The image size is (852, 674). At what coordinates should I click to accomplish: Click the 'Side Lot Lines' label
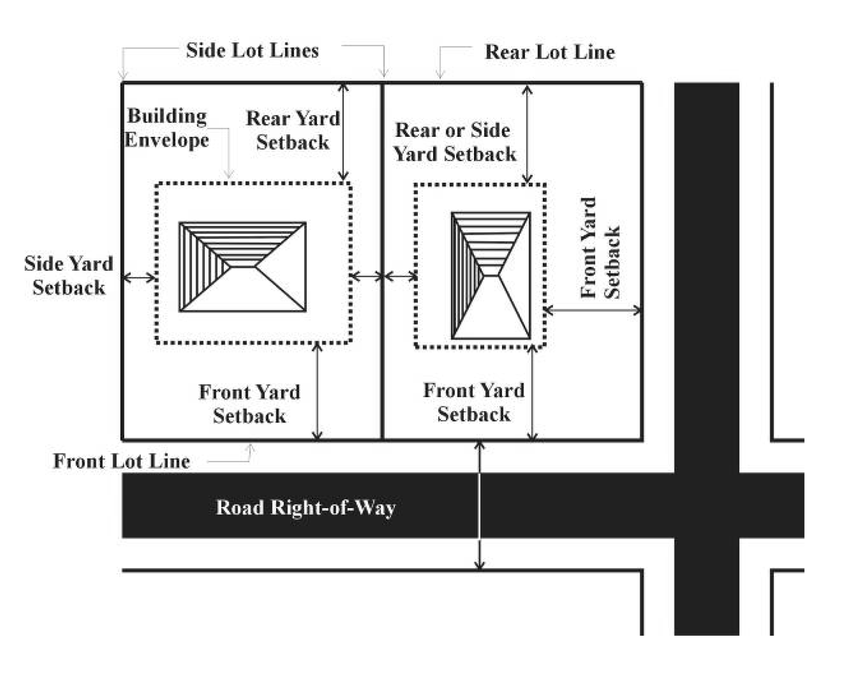(252, 51)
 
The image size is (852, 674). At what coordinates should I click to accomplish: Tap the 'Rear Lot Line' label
(549, 52)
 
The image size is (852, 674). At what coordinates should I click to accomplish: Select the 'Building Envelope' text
(167, 128)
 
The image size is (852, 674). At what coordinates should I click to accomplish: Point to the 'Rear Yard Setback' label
(293, 130)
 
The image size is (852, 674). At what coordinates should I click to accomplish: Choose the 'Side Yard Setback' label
(68, 276)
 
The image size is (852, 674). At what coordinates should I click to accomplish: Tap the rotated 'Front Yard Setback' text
(600, 248)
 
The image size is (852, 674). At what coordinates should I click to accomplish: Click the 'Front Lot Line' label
(121, 461)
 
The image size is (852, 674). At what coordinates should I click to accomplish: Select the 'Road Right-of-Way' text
(306, 508)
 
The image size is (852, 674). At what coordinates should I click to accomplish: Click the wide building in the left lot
(243, 267)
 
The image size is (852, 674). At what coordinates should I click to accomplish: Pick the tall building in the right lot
(491, 276)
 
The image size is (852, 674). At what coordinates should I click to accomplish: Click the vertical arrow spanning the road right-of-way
(479, 505)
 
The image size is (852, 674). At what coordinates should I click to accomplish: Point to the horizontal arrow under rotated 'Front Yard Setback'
(593, 310)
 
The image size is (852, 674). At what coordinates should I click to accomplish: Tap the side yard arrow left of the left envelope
(139, 277)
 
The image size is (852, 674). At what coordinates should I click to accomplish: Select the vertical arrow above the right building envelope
(527, 134)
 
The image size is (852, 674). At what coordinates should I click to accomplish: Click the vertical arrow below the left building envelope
(317, 391)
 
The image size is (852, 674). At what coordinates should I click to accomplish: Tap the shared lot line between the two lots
(382, 204)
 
